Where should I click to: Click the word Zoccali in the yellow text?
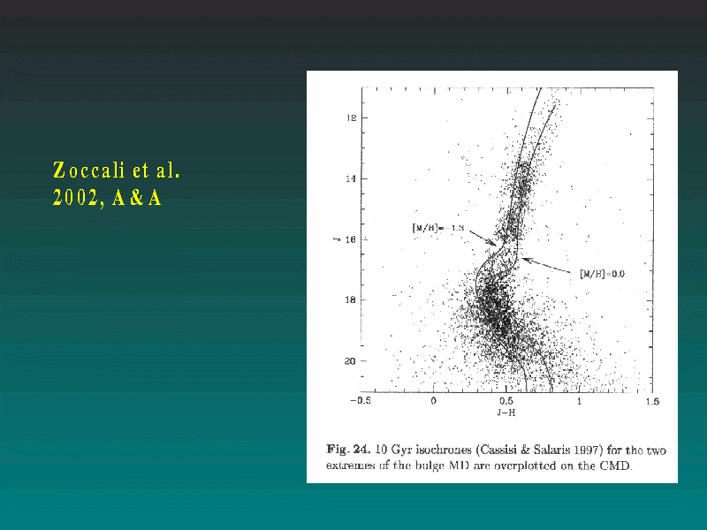click(89, 170)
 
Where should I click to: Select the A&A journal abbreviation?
click(137, 197)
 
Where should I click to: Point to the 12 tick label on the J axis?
click(351, 118)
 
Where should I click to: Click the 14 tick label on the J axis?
click(351, 179)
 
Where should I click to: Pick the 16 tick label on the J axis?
click(351, 239)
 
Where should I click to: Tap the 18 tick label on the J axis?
click(350, 300)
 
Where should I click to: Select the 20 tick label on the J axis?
click(350, 361)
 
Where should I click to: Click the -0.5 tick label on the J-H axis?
click(361, 401)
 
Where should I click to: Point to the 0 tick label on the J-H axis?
click(433, 401)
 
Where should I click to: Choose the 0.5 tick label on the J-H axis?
click(506, 401)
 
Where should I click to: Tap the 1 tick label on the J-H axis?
click(580, 401)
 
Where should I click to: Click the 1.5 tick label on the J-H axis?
click(652, 401)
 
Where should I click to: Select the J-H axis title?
click(506, 413)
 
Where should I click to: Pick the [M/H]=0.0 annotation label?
click(603, 274)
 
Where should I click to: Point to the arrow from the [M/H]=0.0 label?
click(546, 265)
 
